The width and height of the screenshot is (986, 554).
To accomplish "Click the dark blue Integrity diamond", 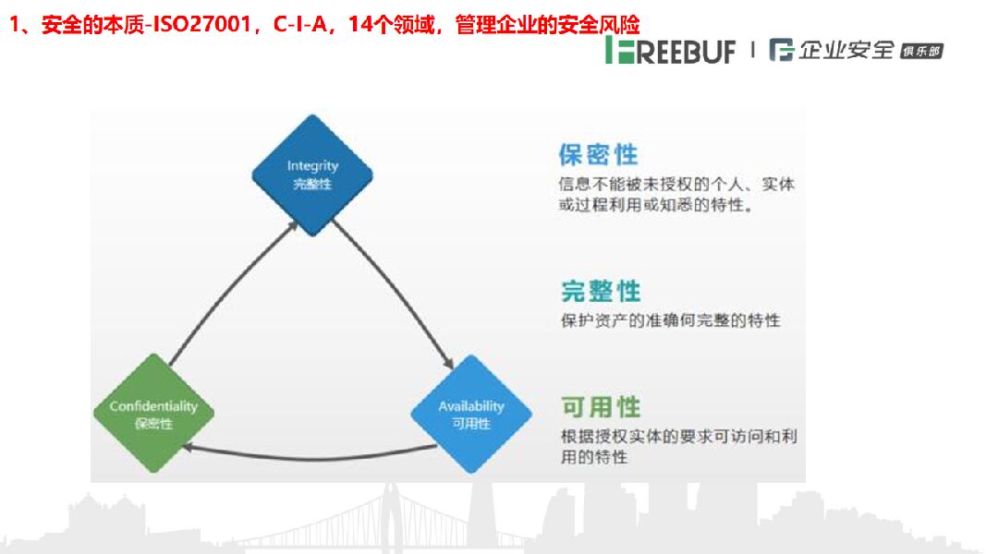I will [312, 174].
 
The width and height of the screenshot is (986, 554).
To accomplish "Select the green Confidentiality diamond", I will [153, 414].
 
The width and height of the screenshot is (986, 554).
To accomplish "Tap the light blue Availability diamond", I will [470, 414].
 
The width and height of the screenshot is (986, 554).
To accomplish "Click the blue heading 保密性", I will [598, 153].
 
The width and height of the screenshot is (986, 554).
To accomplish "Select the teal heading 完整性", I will [600, 291].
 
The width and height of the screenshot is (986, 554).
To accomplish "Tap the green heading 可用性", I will [600, 406].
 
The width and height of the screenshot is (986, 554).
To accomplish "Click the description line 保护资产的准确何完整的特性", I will [670, 320].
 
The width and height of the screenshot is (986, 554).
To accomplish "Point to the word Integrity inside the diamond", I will [312, 166].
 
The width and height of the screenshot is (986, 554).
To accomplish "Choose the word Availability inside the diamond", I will [471, 406].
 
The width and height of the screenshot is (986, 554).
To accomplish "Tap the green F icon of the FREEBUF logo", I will [617, 51].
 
